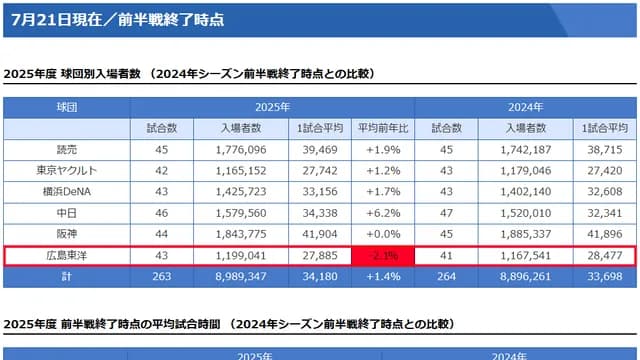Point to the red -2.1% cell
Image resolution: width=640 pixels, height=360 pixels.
[384, 256]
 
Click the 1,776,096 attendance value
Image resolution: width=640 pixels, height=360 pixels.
[241, 149]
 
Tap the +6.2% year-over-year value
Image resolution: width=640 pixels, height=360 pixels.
[384, 213]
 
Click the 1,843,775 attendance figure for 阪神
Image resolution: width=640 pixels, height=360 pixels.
[241, 234]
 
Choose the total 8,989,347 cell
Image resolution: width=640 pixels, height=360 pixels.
[241, 277]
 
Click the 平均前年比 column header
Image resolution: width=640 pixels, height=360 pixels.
[384, 128]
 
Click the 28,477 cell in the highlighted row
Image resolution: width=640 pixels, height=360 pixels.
[603, 256]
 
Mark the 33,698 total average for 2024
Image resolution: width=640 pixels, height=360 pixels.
[603, 277]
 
